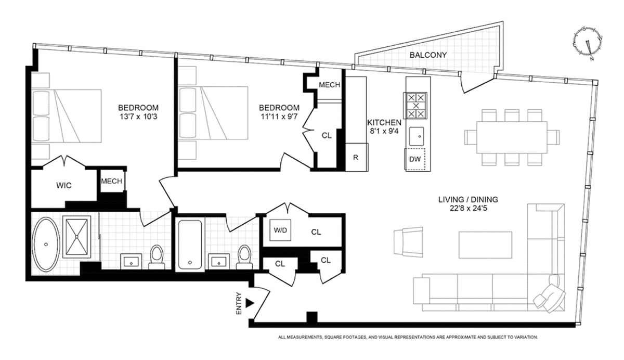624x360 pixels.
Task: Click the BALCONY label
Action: pos(428,55)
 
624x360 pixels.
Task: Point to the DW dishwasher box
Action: pos(415,159)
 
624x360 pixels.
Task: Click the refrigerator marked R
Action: pos(356,157)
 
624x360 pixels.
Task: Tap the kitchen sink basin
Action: pos(416,136)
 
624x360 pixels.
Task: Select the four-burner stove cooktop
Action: pos(415,105)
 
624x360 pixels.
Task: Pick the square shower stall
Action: pos(77,236)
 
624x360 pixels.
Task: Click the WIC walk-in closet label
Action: pos(63,185)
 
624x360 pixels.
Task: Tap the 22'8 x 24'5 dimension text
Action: pos(468,209)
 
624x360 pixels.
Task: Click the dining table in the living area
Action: pos(512,137)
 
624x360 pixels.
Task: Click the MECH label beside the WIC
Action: pos(111,182)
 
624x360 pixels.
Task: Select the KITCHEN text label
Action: pos(384,122)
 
